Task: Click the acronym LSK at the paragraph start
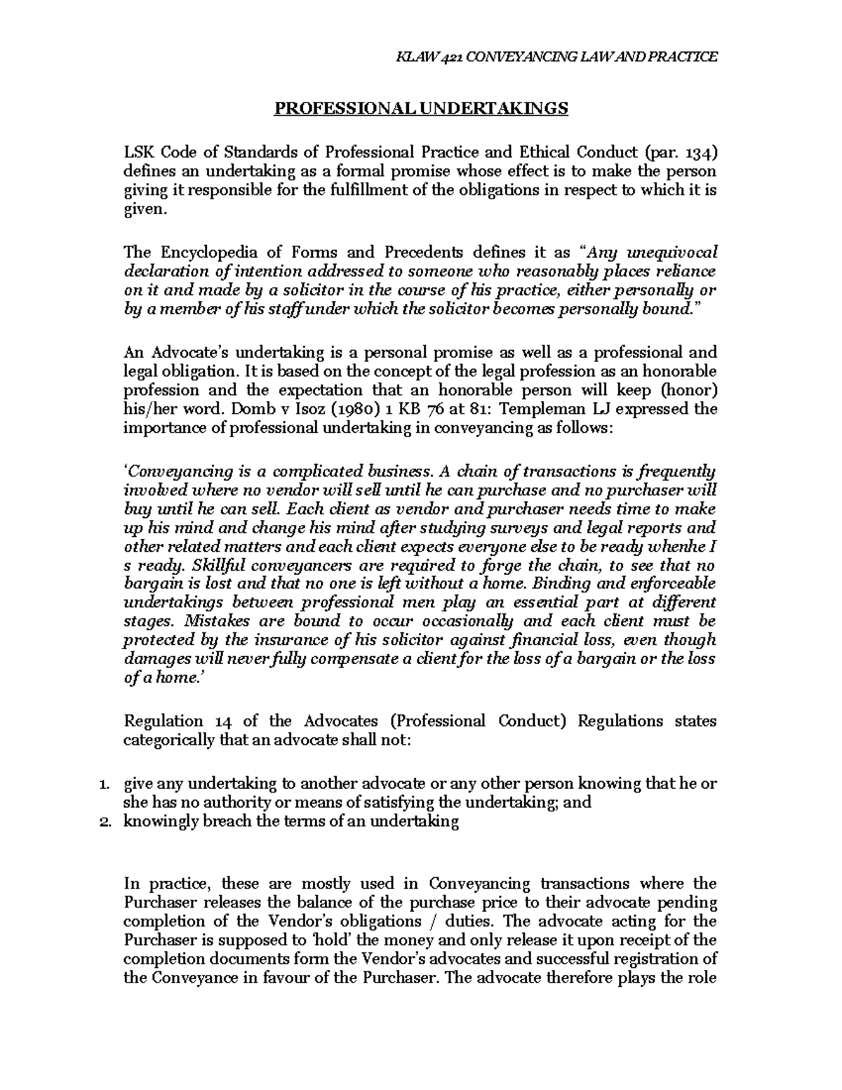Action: pos(138,152)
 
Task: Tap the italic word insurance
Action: pos(286,640)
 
